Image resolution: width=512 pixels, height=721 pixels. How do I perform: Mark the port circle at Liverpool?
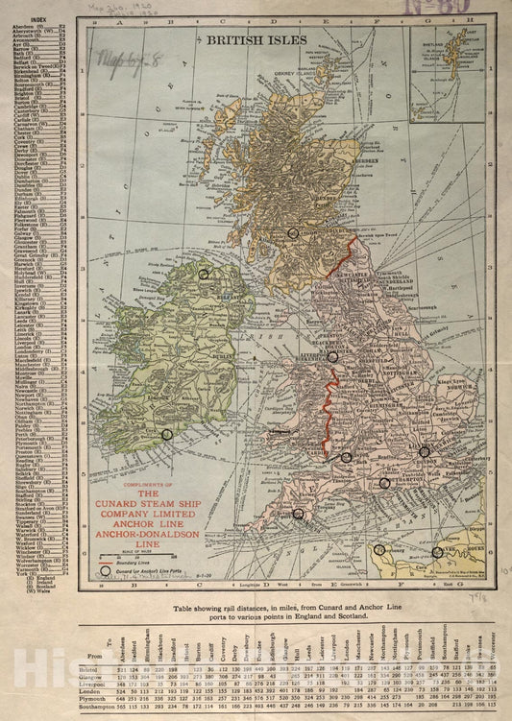click(x=332, y=356)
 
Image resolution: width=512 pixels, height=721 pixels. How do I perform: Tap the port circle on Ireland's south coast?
click(x=166, y=434)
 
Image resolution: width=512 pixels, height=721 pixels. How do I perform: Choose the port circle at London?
click(x=424, y=449)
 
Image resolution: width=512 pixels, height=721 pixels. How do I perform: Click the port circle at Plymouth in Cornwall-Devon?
click(x=299, y=515)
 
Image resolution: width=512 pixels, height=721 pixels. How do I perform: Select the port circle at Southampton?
click(x=384, y=484)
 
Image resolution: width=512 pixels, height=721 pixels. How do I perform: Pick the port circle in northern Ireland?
click(x=204, y=274)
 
